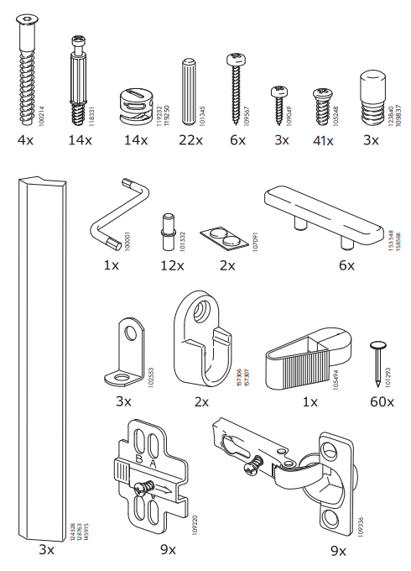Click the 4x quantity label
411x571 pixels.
pyautogui.click(x=25, y=139)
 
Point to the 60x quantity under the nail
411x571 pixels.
pyautogui.click(x=381, y=402)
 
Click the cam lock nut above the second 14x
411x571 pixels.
pyautogui.click(x=136, y=104)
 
